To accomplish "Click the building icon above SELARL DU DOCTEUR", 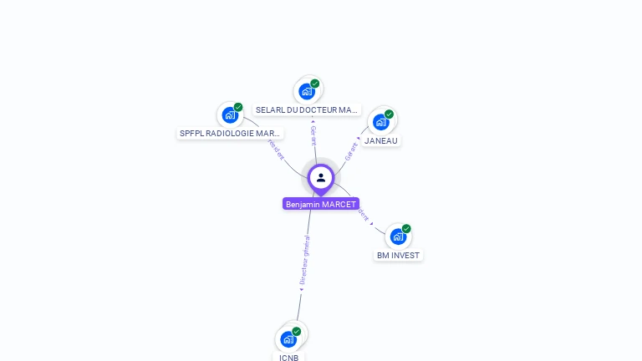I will (x=307, y=91).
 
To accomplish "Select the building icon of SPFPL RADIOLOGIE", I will (x=230, y=115).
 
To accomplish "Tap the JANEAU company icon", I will (x=381, y=122).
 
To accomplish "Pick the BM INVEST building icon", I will (x=398, y=236).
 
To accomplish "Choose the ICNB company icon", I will (x=288, y=339).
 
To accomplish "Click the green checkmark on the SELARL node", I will (x=315, y=84).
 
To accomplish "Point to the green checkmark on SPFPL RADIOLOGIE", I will (x=238, y=107).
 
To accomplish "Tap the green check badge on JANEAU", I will (x=389, y=114).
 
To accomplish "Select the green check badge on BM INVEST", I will (x=406, y=229).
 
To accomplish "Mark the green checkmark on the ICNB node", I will (x=296, y=332).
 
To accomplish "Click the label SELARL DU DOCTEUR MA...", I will (x=307, y=110).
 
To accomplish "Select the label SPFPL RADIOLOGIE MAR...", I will (x=231, y=134).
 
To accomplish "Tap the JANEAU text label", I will (x=381, y=140).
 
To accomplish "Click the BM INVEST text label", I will (x=399, y=256).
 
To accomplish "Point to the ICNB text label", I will (x=288, y=358).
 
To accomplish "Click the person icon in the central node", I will (x=321, y=177).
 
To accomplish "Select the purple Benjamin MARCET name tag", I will (x=321, y=204).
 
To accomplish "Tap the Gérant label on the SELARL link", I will (x=313, y=135).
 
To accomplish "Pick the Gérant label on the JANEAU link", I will (x=351, y=151).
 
